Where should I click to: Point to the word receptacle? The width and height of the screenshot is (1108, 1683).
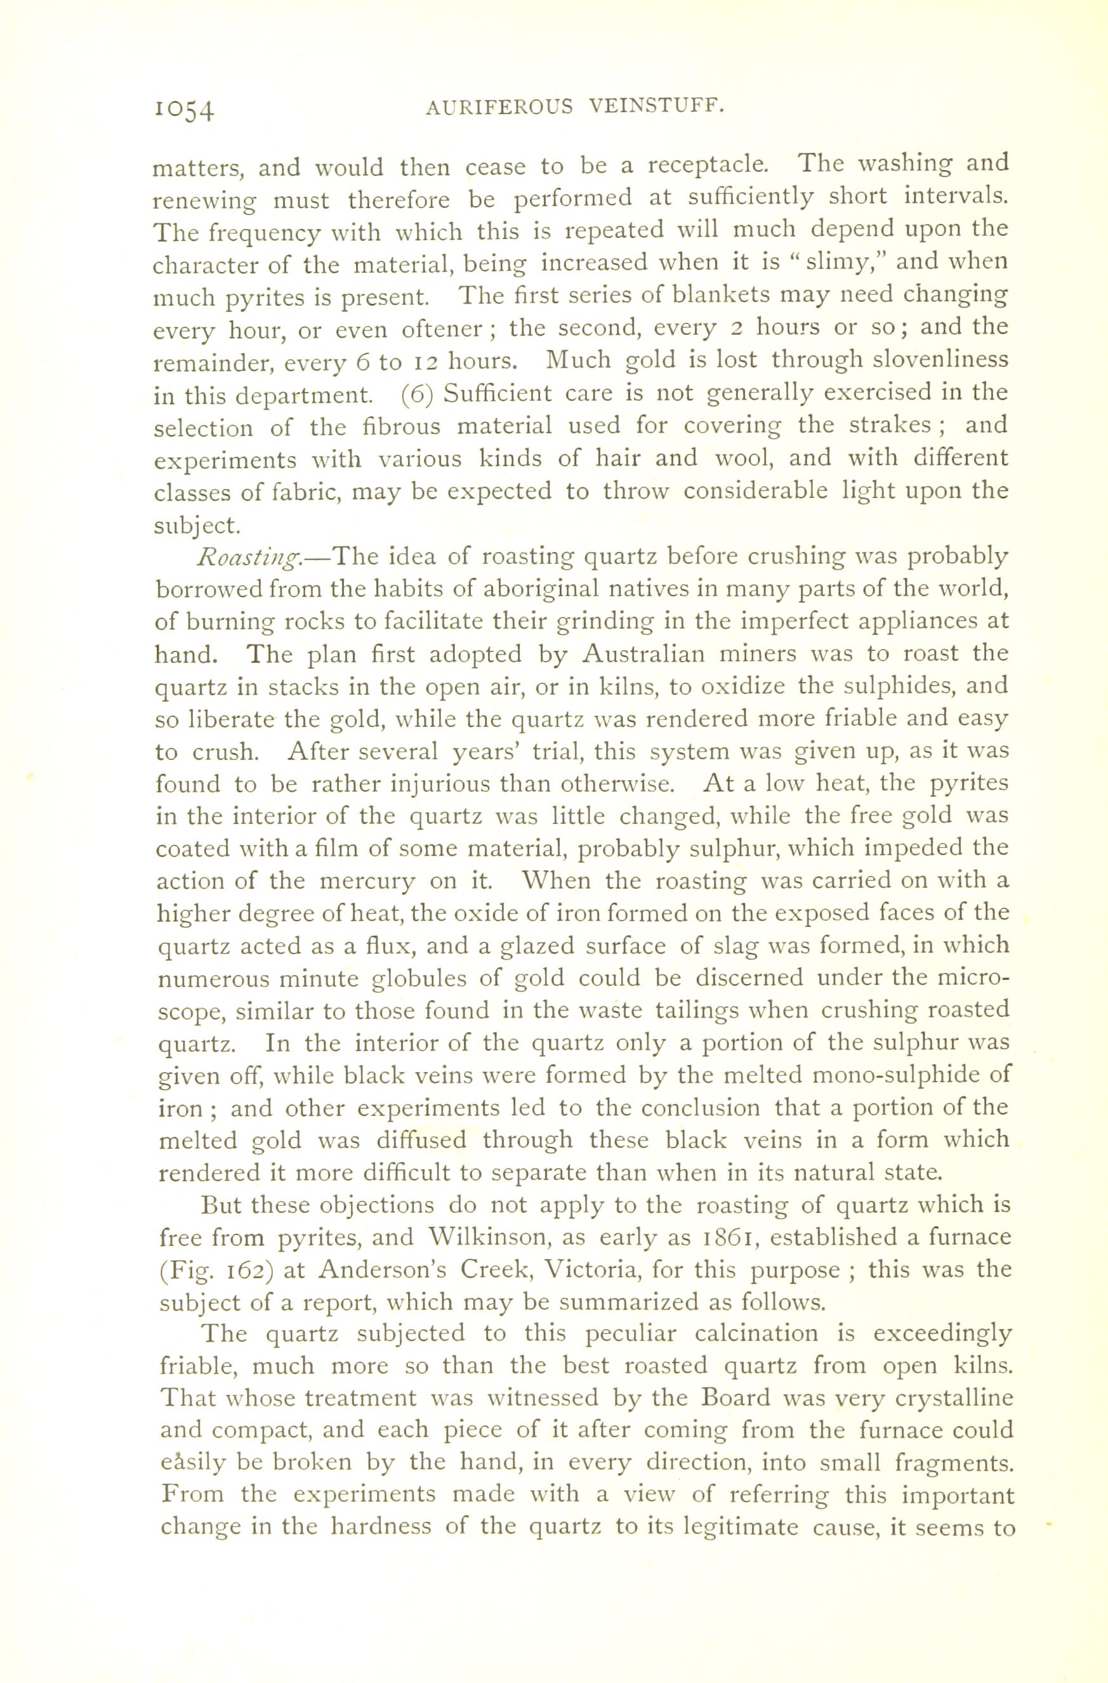[x=708, y=166]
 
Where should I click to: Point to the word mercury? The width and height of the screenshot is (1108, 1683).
[x=367, y=882]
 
